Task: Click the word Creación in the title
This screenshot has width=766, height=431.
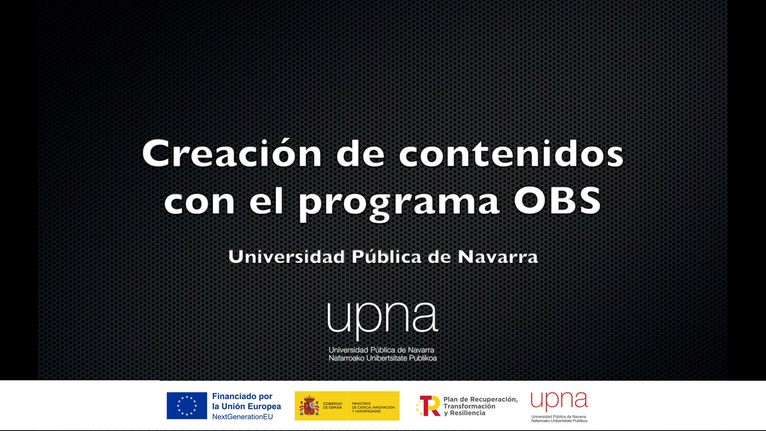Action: point(232,153)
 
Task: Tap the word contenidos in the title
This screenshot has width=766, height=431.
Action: point(511,153)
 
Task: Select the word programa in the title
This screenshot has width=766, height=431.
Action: point(399,203)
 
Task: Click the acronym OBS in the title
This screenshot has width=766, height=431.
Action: point(557,200)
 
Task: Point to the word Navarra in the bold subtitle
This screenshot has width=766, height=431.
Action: point(498,257)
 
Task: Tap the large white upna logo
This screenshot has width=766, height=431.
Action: point(383,320)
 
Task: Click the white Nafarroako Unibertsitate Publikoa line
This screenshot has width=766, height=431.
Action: point(383,358)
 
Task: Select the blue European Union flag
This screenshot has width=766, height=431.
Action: point(187,405)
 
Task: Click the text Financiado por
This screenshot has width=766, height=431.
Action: point(242,396)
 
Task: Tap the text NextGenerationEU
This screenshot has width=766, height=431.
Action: point(243,417)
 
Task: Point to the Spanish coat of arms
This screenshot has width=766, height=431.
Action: point(309,405)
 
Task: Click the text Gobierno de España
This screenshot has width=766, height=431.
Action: point(332,405)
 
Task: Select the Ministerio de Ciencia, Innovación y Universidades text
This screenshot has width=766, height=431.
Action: point(373,407)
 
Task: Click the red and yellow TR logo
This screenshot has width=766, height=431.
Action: point(428,406)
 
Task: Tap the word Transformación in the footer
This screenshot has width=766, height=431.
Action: point(469,406)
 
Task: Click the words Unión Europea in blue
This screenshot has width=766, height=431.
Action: point(251,406)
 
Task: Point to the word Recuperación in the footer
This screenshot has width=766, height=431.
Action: point(494,399)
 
